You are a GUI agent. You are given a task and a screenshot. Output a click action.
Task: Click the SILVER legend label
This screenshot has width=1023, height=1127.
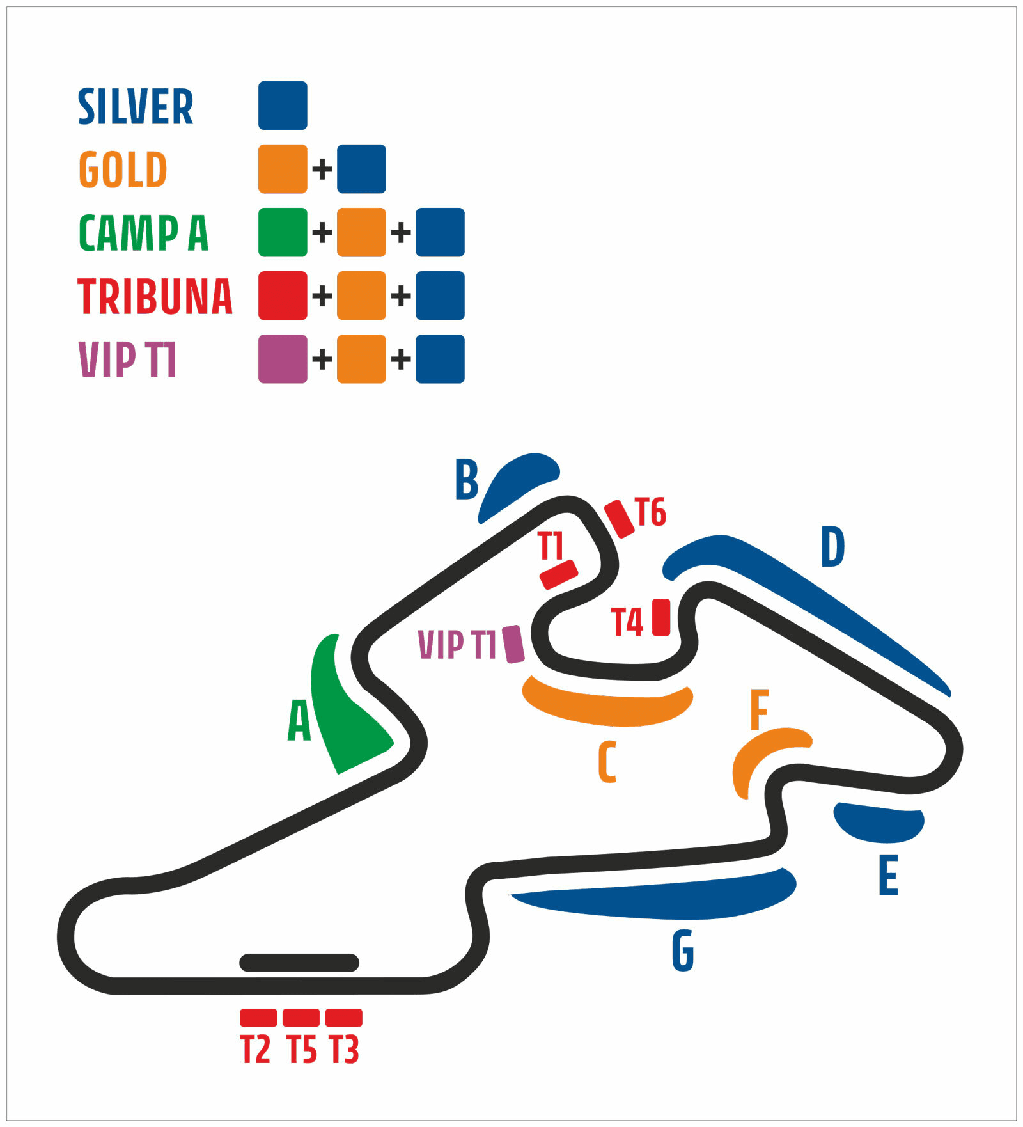(x=136, y=106)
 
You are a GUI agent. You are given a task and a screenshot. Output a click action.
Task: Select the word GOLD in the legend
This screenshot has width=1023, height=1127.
(x=123, y=169)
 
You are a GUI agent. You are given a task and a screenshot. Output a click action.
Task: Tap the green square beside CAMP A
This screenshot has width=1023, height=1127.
(x=283, y=232)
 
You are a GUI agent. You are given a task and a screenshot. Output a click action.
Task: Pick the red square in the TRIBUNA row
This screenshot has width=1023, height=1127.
(x=283, y=296)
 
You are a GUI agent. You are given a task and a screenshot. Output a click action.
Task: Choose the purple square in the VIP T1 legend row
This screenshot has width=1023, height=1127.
(x=283, y=359)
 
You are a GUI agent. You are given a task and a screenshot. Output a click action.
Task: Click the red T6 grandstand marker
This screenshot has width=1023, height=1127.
(x=619, y=519)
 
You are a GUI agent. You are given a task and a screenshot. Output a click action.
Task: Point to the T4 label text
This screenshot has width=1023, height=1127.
(x=627, y=622)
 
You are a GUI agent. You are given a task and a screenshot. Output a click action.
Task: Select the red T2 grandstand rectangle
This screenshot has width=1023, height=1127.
(x=258, y=1018)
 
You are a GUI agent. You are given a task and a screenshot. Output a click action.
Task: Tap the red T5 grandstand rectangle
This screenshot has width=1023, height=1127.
(x=301, y=1018)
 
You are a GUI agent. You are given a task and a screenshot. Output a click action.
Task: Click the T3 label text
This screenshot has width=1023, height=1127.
(x=344, y=1050)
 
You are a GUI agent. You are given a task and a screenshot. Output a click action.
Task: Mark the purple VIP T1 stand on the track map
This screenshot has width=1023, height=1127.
(x=513, y=644)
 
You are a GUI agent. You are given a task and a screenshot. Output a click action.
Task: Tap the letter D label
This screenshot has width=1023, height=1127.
(x=832, y=547)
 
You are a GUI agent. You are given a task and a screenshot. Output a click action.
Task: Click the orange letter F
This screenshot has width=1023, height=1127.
(x=759, y=709)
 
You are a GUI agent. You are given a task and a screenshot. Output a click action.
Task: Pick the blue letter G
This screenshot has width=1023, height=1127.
(x=683, y=951)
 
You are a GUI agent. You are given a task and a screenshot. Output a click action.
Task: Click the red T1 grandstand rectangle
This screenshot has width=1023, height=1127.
(x=559, y=574)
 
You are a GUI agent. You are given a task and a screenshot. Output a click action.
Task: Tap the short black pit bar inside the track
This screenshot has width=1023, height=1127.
(x=299, y=963)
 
